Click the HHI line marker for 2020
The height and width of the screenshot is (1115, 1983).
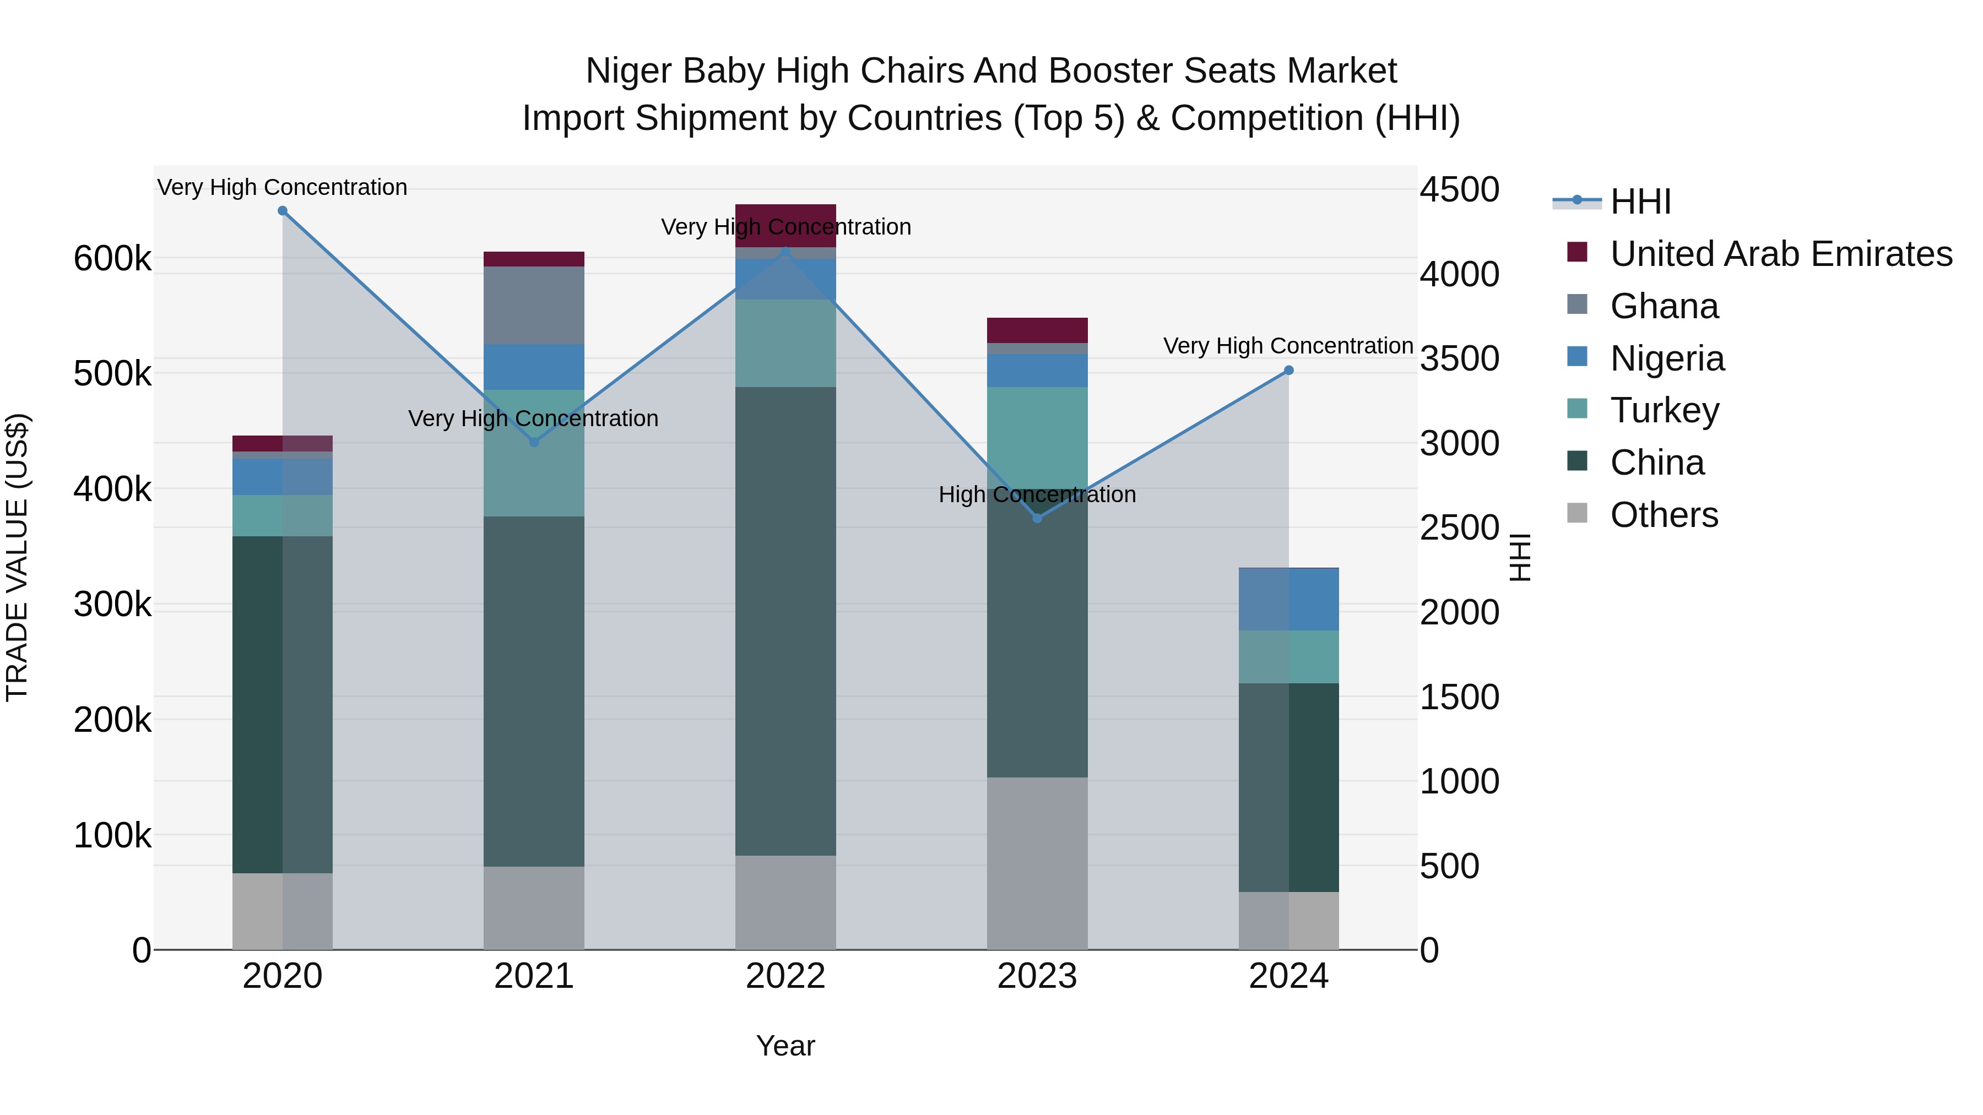click(x=283, y=211)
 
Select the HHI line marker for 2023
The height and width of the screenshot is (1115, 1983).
click(x=1037, y=519)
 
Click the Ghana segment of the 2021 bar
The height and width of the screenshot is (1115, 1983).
click(x=533, y=306)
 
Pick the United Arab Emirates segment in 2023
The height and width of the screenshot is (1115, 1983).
click(x=1037, y=330)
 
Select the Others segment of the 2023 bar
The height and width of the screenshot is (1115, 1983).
click(x=1037, y=863)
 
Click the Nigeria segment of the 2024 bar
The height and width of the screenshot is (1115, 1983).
click(x=1288, y=600)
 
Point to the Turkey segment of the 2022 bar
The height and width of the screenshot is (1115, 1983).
click(x=785, y=343)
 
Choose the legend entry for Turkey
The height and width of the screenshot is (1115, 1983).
click(x=1664, y=410)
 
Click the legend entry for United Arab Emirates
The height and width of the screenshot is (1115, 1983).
click(x=1780, y=254)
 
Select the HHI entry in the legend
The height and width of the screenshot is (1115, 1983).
click(x=1640, y=202)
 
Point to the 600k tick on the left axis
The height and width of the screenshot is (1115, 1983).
click(x=112, y=259)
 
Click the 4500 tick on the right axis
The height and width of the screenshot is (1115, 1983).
click(x=1459, y=189)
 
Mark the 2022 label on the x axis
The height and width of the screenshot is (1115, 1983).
click(x=785, y=976)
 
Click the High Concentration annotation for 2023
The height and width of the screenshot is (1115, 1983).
click(x=1037, y=495)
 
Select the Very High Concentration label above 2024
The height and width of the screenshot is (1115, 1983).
click(x=1288, y=346)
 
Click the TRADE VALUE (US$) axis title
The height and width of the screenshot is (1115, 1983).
click(x=17, y=557)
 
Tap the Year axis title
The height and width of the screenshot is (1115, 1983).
click(x=785, y=1046)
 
